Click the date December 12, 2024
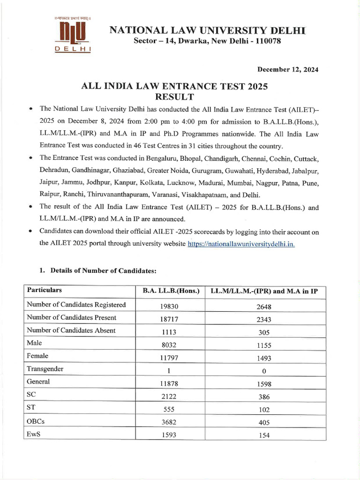coord(288,69)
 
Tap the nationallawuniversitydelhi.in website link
coord(241,244)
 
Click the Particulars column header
coord(44,291)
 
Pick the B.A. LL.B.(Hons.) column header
coord(171,291)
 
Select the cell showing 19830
coord(168,307)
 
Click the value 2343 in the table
coord(264,320)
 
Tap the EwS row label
coord(34,434)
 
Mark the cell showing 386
coord(264,397)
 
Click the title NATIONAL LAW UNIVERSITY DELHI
coord(207,31)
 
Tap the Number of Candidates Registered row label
coord(76,305)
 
